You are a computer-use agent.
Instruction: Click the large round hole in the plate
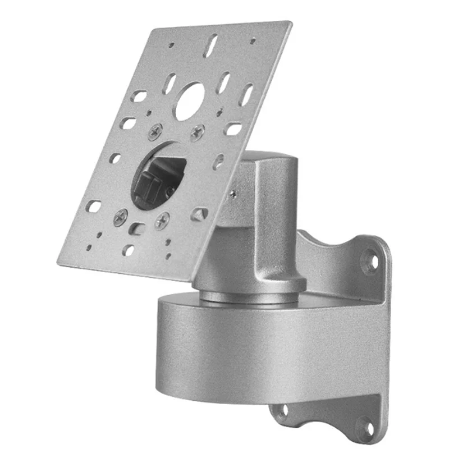[189, 101]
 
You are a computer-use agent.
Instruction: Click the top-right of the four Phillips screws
[197, 133]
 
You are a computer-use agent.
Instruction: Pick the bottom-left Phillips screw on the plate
[120, 217]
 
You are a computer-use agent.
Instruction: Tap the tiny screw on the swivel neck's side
[232, 194]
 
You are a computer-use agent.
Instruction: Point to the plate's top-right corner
[290, 23]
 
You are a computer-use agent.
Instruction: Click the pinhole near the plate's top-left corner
[171, 44]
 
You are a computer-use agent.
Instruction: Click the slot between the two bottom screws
[136, 228]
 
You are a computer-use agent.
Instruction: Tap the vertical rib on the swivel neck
[264, 224]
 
